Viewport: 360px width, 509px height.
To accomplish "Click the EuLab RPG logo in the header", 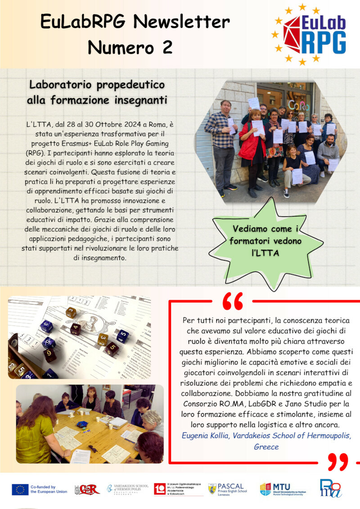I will [309, 34].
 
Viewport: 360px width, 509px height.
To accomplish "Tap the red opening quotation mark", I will [233, 301].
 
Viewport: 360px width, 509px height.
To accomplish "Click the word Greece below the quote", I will [266, 447].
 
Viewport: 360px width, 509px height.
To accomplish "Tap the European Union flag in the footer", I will [20, 489].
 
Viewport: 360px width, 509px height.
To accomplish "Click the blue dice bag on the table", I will [82, 424].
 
